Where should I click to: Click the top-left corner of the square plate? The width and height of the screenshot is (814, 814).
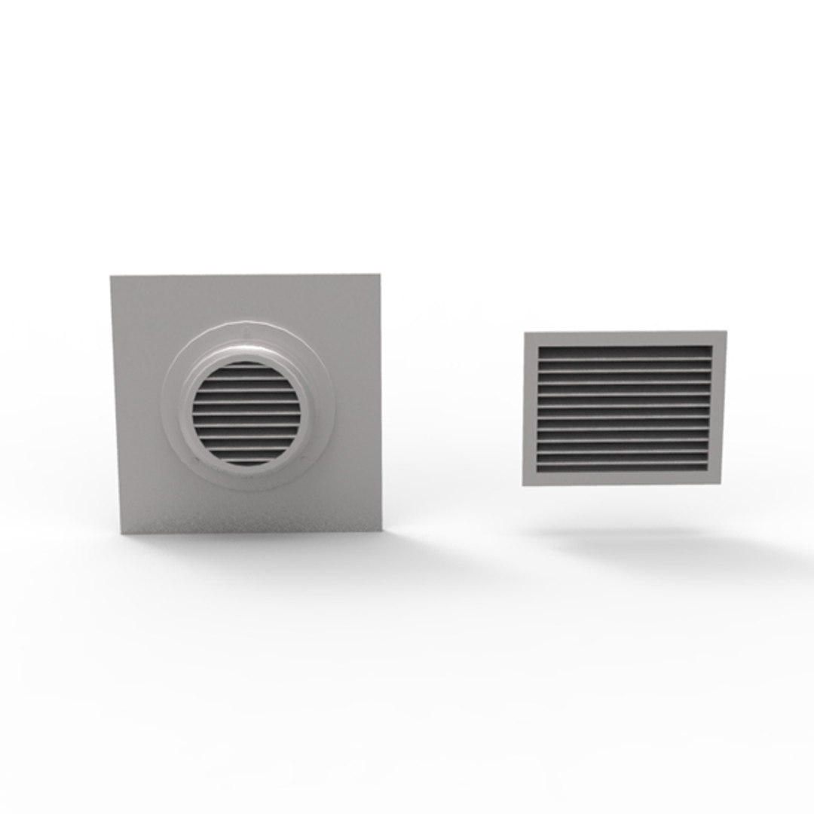click(x=112, y=277)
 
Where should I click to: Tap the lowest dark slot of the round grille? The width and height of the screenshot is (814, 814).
click(x=246, y=458)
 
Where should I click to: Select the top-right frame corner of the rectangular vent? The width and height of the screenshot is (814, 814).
click(x=726, y=331)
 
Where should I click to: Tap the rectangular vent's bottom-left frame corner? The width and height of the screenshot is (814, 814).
click(x=523, y=483)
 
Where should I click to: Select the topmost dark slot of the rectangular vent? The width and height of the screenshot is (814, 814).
click(x=625, y=350)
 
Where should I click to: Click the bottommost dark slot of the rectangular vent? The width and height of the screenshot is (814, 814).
click(x=623, y=462)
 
